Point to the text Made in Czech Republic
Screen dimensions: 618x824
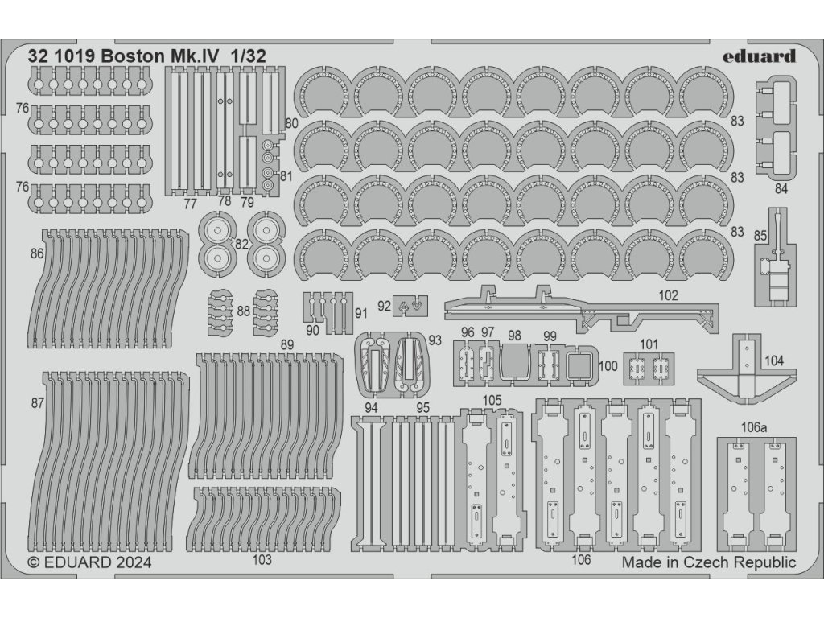(x=709, y=562)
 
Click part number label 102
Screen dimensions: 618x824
(x=667, y=295)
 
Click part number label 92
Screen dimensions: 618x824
(x=383, y=306)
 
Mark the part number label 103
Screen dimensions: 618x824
(x=262, y=561)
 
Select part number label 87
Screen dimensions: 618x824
(x=37, y=403)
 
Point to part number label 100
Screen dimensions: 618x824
(x=608, y=366)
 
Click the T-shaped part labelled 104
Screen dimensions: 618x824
(x=746, y=374)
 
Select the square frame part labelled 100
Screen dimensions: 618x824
(x=580, y=367)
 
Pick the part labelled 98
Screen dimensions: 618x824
(x=515, y=364)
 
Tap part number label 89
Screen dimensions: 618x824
(x=286, y=344)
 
